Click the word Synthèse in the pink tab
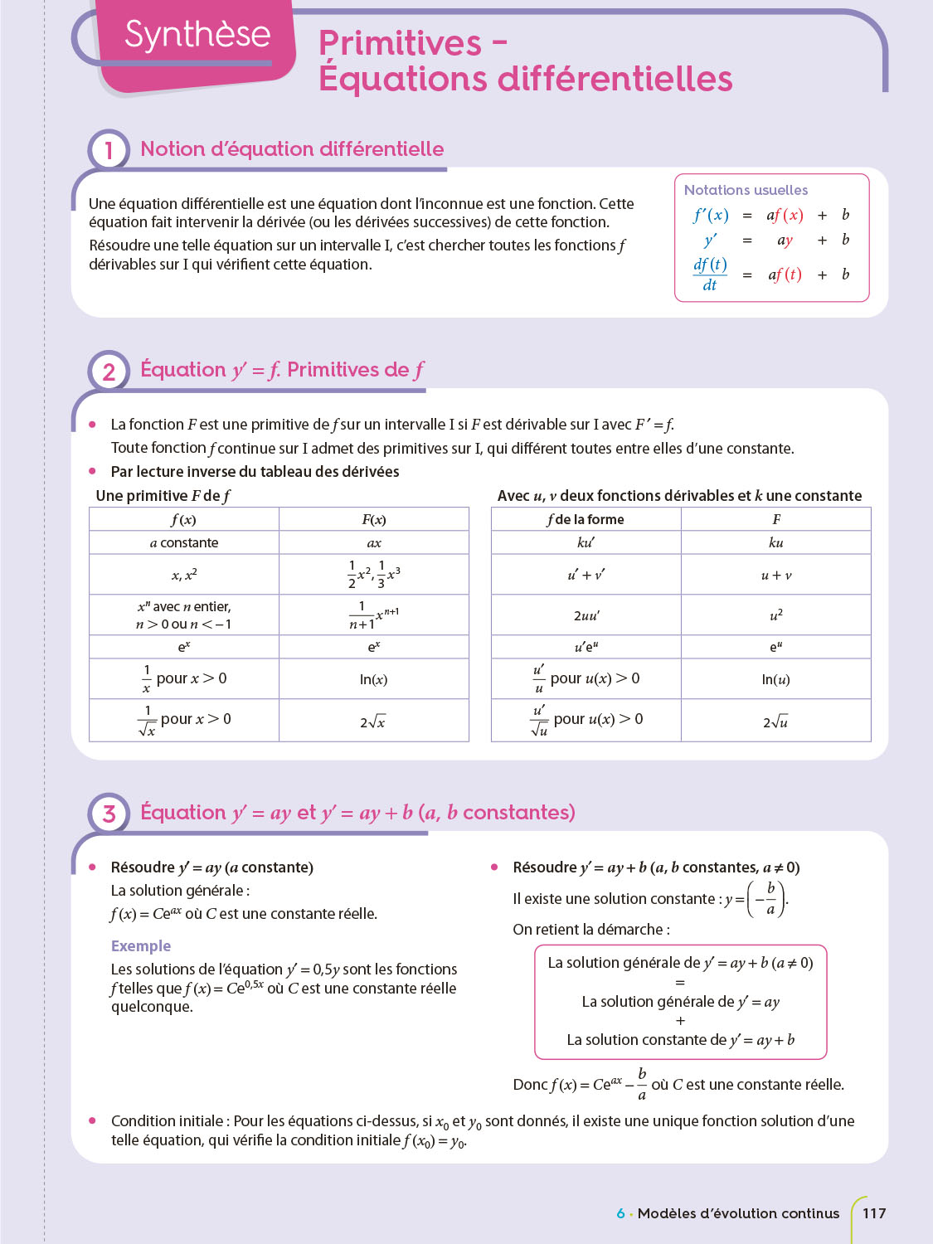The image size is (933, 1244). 197,35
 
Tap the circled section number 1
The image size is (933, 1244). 109,150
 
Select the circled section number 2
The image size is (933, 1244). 109,371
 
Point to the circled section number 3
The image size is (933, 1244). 109,814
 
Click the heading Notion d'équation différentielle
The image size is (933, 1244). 292,149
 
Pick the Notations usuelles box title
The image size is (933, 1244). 746,190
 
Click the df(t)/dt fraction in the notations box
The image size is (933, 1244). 710,275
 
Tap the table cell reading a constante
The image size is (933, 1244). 184,543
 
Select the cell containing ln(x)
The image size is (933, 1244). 373,679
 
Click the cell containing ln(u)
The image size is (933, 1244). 775,679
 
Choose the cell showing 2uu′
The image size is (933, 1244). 586,615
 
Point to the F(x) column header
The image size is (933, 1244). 373,520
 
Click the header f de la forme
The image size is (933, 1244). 586,520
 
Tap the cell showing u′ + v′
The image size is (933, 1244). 586,575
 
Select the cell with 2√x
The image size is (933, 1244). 373,722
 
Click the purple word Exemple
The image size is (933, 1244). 141,946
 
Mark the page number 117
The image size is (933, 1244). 874,1213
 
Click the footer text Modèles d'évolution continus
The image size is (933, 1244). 738,1213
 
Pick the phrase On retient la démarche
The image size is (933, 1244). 590,930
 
